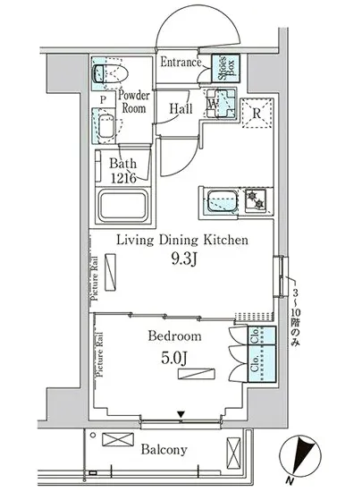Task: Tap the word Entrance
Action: click(181, 62)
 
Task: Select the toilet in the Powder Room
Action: click(111, 72)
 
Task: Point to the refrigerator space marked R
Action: click(257, 113)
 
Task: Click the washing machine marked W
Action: click(220, 103)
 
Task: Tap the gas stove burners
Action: click(256, 199)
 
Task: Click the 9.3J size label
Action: click(183, 259)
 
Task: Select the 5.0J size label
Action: click(174, 358)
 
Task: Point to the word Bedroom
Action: click(174, 336)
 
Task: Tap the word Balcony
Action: click(164, 450)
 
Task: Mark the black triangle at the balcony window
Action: click(181, 414)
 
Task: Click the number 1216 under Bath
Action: click(124, 178)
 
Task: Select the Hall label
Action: click(181, 108)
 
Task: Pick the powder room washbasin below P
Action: click(106, 126)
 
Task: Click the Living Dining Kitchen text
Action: click(182, 241)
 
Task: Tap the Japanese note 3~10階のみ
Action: click(295, 318)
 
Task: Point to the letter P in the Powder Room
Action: click(103, 100)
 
